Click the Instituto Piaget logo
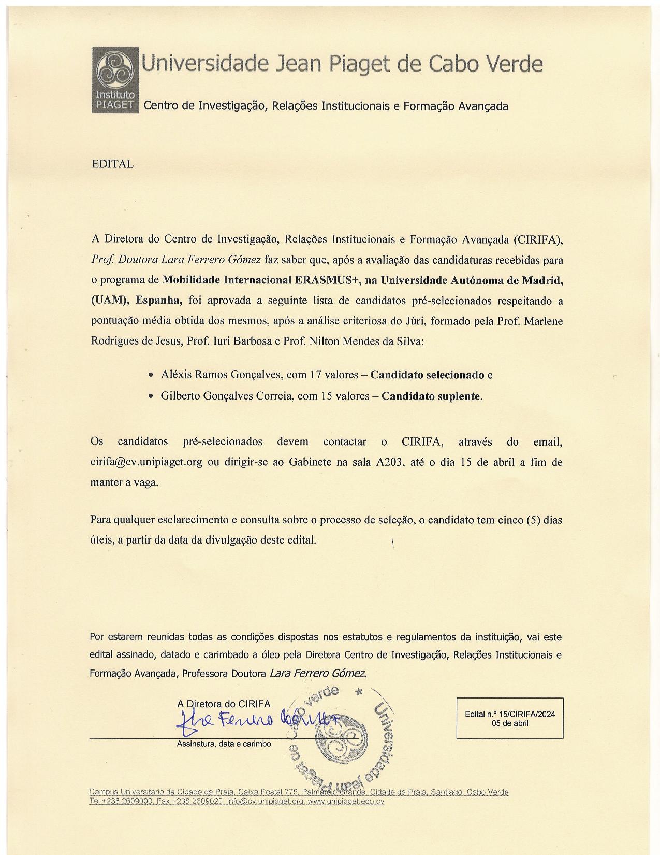tap(115, 80)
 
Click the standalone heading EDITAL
tap(112, 164)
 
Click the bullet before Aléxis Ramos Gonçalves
tap(150, 375)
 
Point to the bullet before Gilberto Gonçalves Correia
tap(150, 396)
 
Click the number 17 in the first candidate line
tap(316, 375)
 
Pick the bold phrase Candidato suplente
tap(431, 396)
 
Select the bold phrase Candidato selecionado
tap(427, 375)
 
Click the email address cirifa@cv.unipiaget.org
tap(146, 462)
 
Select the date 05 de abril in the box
tap(510, 723)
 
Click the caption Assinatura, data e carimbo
tap(224, 744)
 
